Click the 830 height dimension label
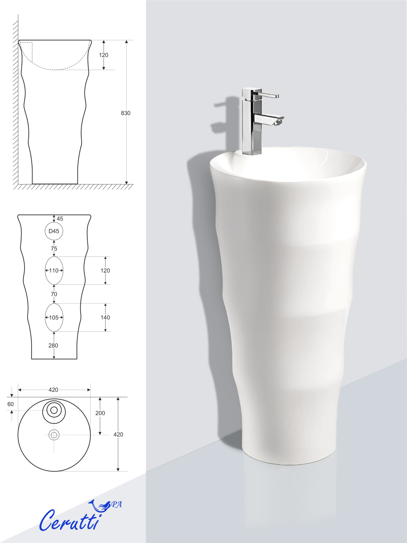(x=126, y=113)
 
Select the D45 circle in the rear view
(x=54, y=222)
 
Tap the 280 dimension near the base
(x=53, y=346)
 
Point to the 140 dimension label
(x=105, y=318)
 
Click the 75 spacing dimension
(x=54, y=249)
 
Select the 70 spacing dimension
(x=54, y=294)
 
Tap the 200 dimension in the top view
(x=100, y=413)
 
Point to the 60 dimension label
(x=11, y=404)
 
